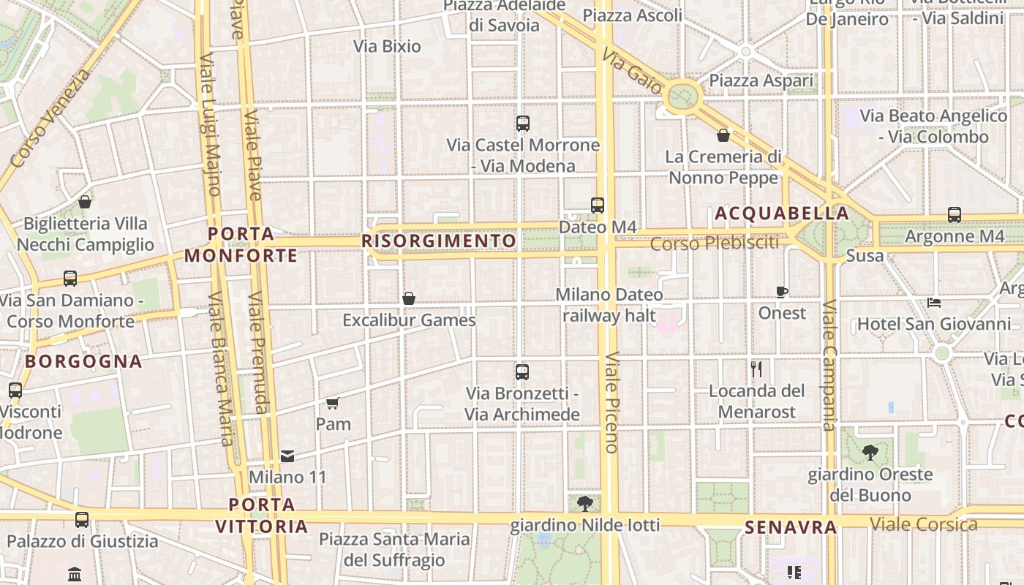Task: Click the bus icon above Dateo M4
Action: pos(598,205)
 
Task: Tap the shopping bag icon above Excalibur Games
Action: pos(409,298)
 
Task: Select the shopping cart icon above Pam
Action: pos(333,403)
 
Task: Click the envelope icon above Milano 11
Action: pos(287,456)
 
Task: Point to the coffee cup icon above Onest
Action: pos(782,292)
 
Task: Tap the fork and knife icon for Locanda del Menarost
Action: pos(756,369)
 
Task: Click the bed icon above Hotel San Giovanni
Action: pos(934,302)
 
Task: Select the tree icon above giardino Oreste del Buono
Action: pos(870,453)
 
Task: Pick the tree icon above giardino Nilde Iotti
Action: pos(584,503)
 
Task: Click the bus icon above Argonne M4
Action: pos(955,215)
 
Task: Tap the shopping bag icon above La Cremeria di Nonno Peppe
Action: pos(723,135)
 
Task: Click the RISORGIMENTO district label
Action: pos(439,241)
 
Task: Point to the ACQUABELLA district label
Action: pos(782,214)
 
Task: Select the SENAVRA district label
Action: pos(791,527)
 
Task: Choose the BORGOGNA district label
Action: pos(83,361)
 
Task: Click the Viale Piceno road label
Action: pos(612,402)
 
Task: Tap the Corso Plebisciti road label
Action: pos(715,243)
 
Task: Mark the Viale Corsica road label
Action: pos(924,524)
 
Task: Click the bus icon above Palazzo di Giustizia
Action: pos(82,520)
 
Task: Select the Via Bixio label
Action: pos(387,46)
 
